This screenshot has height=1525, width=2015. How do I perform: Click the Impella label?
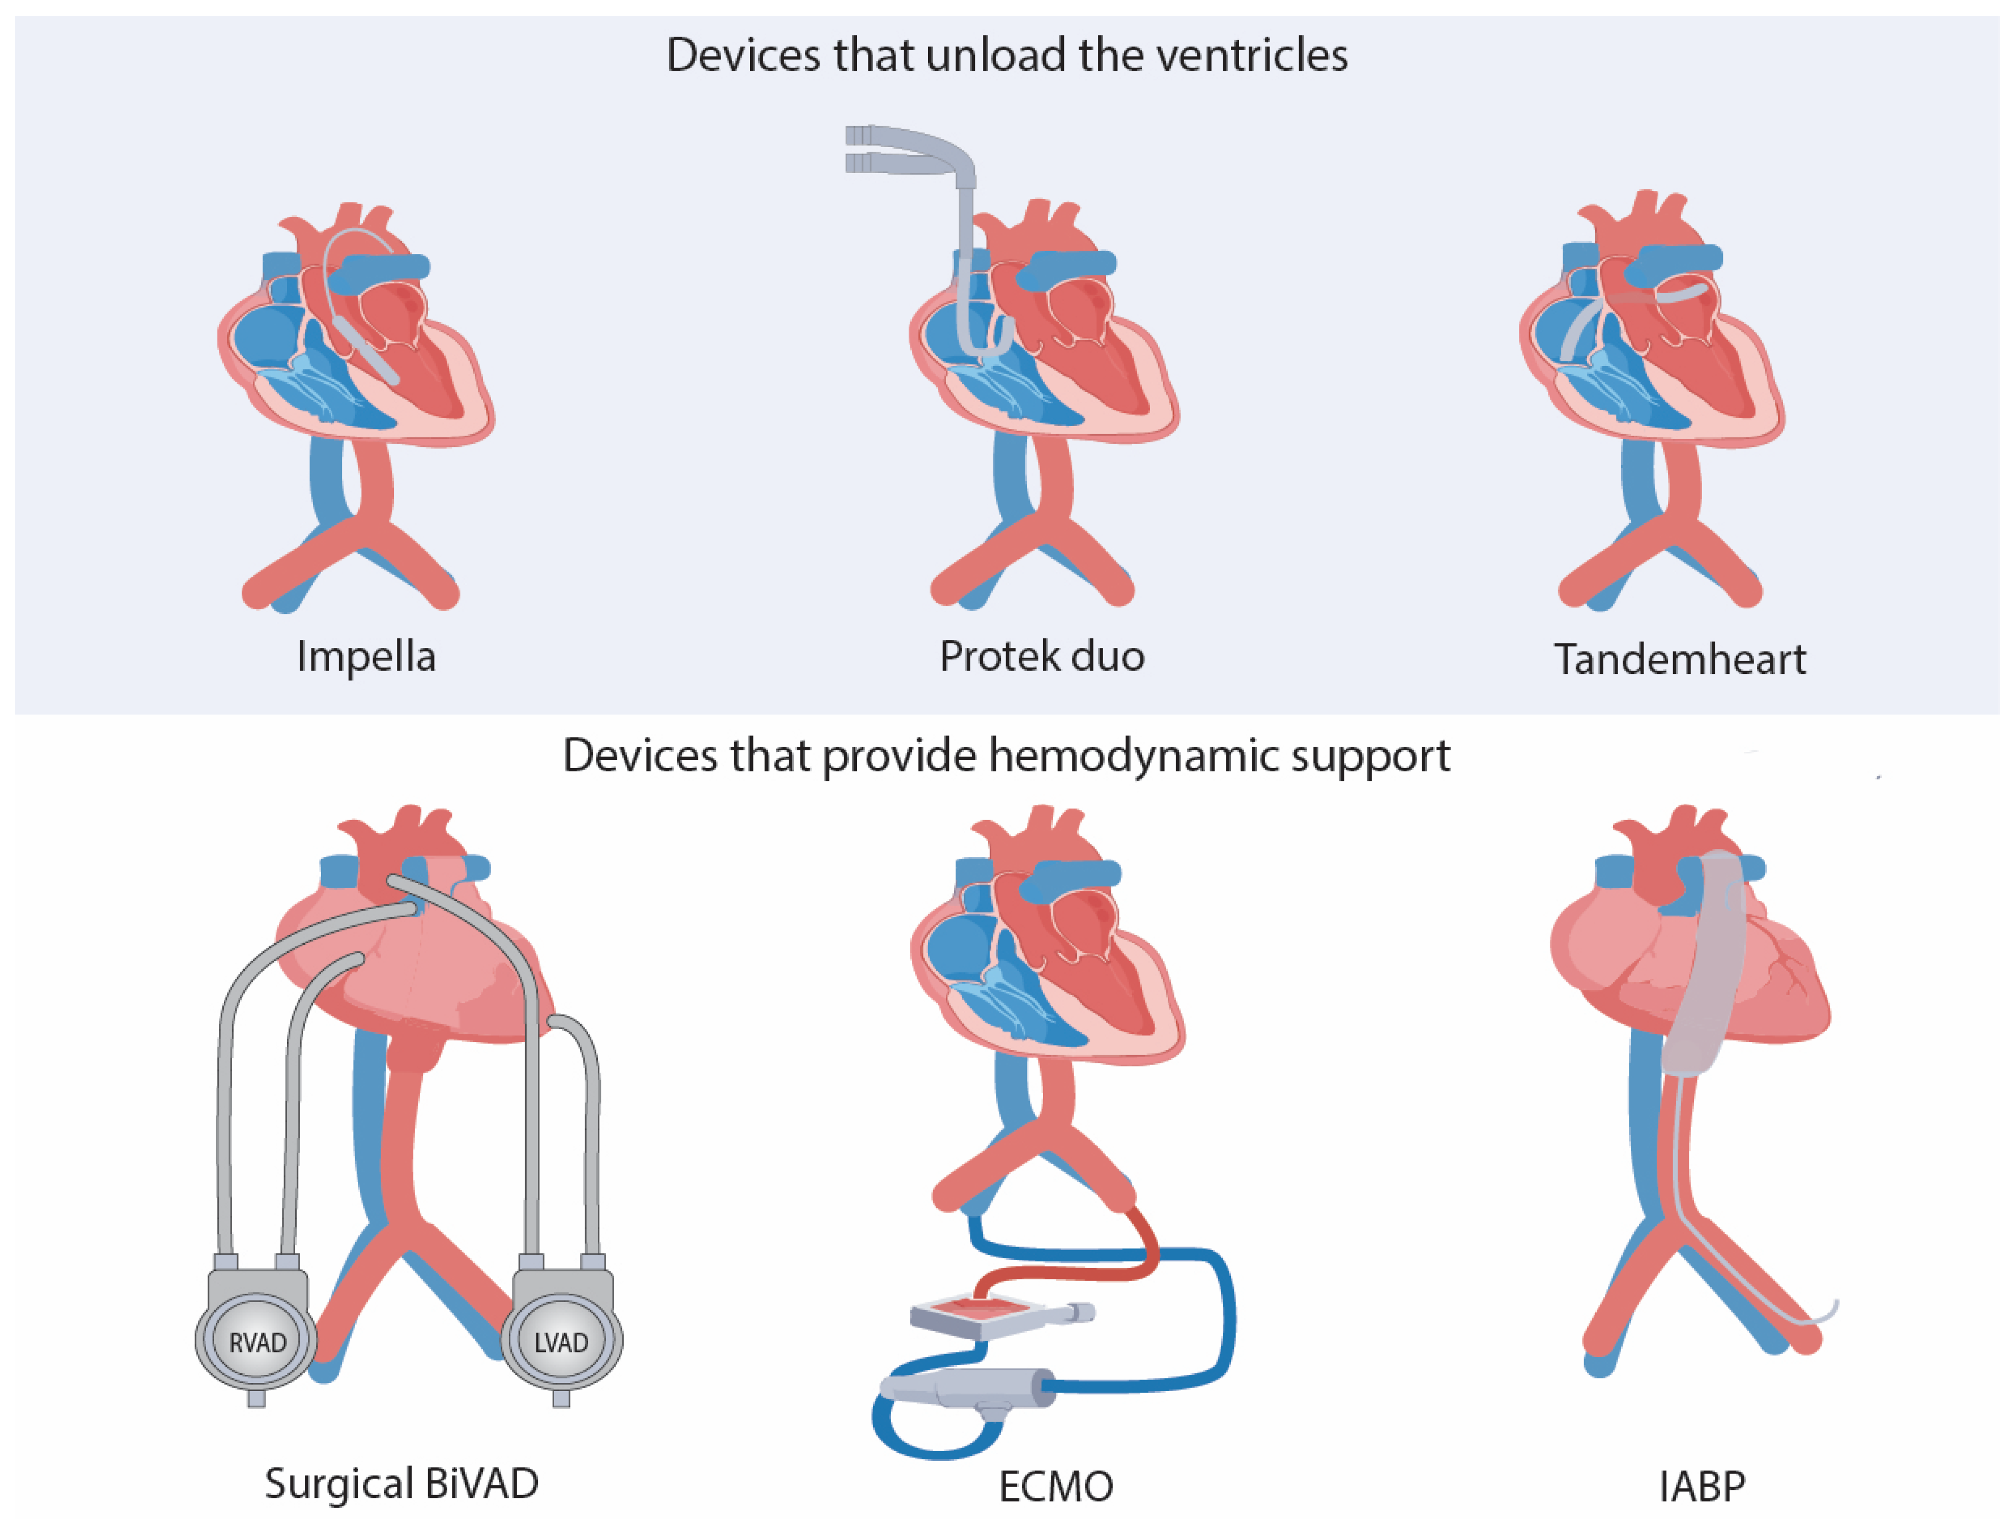[366, 657]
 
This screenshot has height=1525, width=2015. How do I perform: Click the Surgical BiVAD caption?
[401, 1483]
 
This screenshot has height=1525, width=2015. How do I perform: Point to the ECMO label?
[1056, 1487]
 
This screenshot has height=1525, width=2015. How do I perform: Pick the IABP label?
[1702, 1487]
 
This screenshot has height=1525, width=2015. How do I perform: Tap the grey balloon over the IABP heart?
[1705, 966]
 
